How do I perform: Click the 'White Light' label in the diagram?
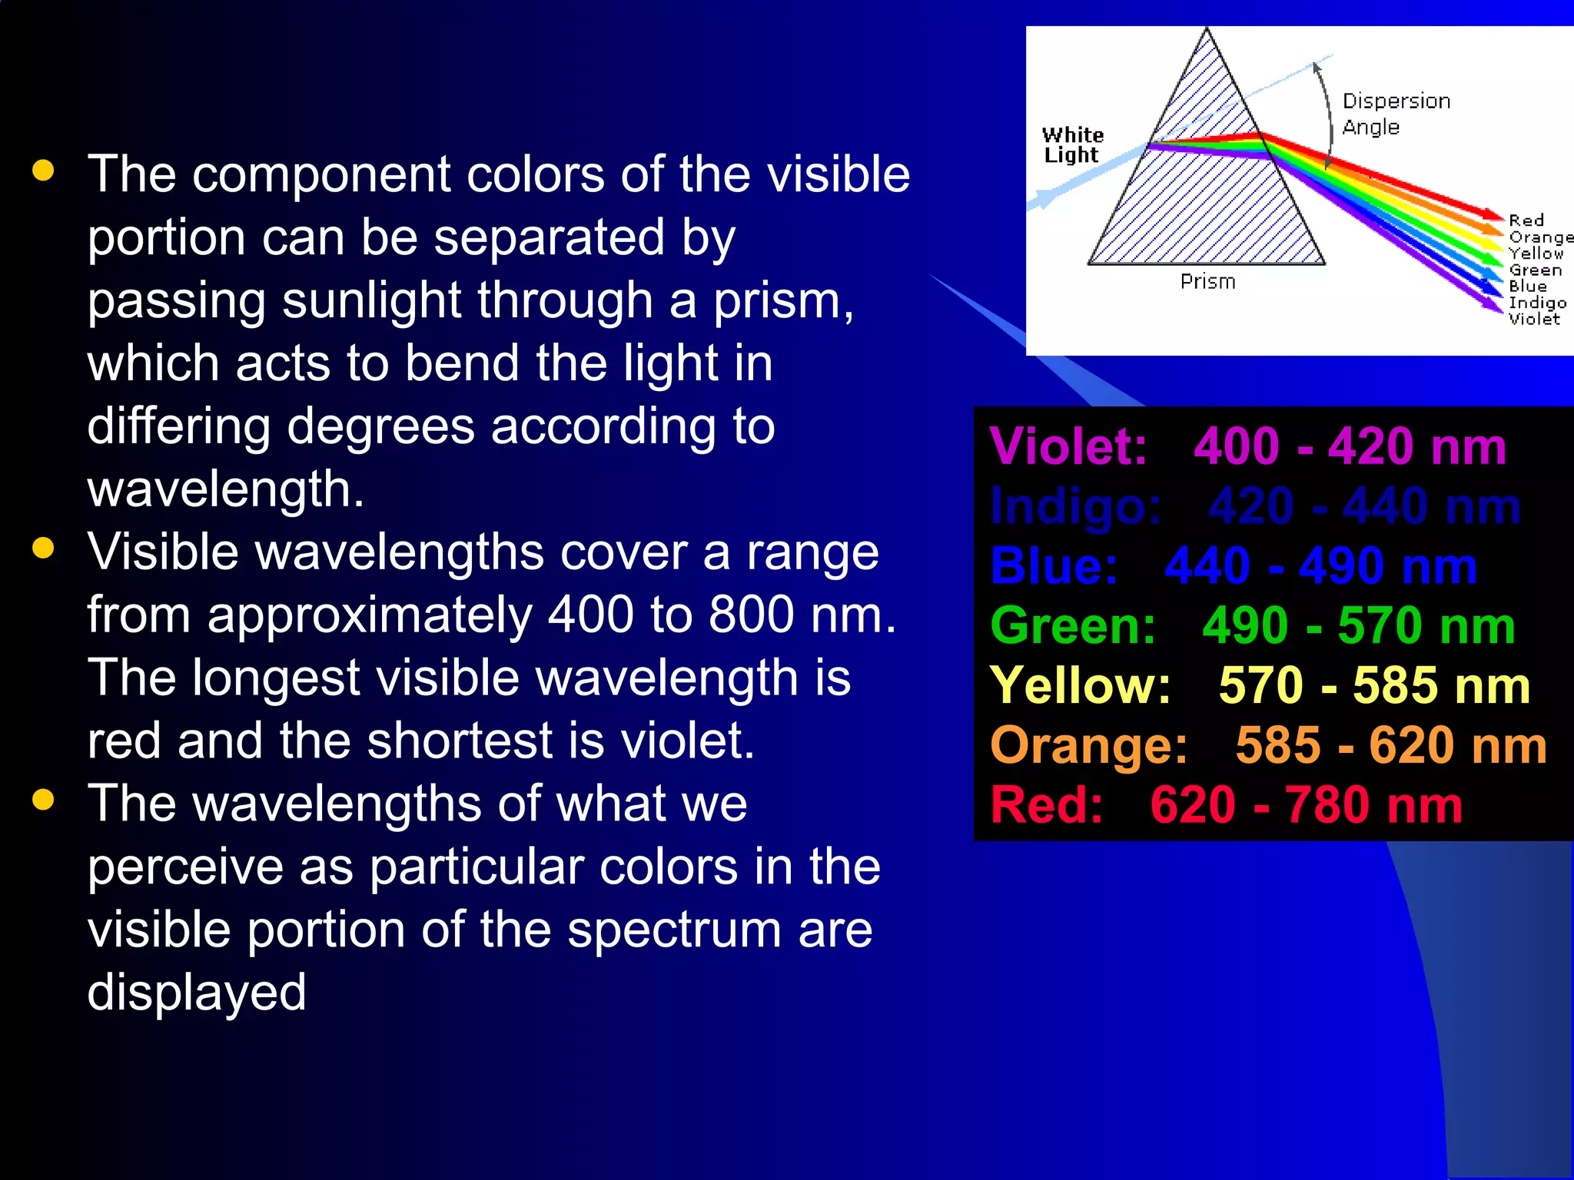(1072, 145)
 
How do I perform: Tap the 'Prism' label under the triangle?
(1207, 282)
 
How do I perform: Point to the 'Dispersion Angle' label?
(1395, 114)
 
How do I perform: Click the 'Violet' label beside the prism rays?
(1534, 319)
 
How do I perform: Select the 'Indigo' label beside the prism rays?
(1537, 303)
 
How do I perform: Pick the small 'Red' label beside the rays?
(1526, 220)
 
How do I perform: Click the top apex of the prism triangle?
(1207, 31)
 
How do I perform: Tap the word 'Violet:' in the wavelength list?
(1068, 446)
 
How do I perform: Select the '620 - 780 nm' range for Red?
(1306, 805)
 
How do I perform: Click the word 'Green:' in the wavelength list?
(1073, 625)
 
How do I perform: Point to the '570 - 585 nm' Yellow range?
(1374, 685)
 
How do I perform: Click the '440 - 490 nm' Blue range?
(1320, 566)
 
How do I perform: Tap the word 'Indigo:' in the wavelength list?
(1075, 506)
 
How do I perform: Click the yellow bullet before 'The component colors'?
(44, 171)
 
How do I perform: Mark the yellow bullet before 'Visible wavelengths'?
(44, 549)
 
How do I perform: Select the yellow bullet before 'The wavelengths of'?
(44, 800)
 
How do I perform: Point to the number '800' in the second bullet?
(751, 615)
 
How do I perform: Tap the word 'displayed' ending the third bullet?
(197, 993)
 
